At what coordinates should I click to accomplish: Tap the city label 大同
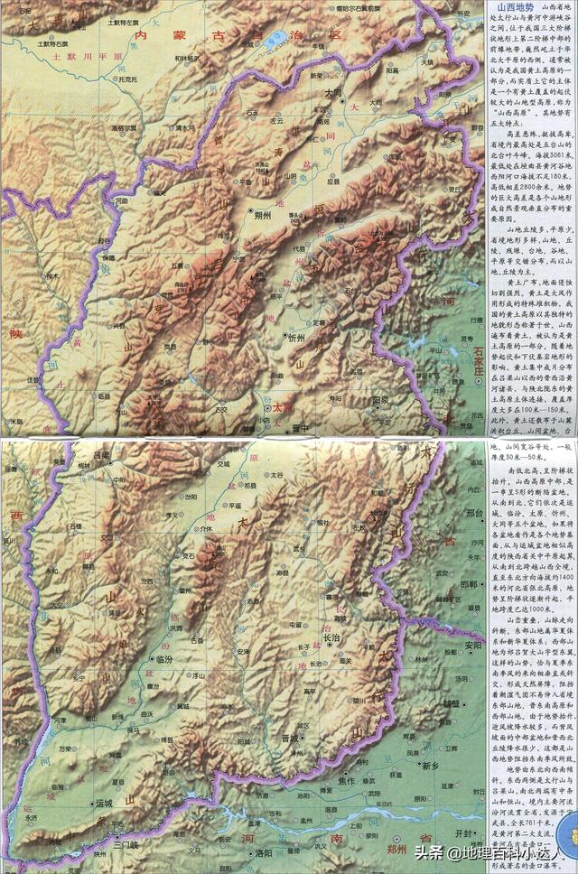tap(331, 92)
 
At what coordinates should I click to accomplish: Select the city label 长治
tap(331, 637)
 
